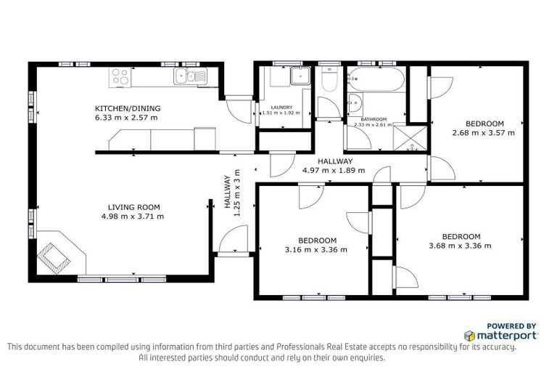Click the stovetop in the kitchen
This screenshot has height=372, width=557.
120,74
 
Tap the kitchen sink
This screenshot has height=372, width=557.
190,75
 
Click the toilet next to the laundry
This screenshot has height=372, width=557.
329,81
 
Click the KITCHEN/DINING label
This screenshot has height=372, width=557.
128,108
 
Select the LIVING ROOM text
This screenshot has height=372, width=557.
133,206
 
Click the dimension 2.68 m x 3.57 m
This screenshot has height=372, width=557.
484,133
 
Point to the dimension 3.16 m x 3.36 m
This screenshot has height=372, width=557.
317,249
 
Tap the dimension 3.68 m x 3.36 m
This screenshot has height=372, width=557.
461,246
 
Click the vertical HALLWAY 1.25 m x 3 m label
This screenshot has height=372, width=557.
231,192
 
